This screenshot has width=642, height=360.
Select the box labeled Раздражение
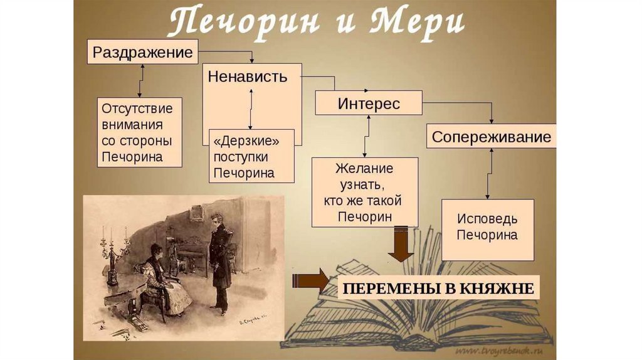coord(142,52)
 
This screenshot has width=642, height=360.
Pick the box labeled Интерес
coord(368,103)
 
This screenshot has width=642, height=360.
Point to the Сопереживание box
coord(491,137)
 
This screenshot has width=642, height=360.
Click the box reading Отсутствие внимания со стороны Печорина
coord(140,132)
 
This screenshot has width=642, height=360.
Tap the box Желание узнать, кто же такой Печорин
coord(364,192)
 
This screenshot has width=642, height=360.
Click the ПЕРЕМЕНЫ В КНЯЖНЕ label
coord(437,289)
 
